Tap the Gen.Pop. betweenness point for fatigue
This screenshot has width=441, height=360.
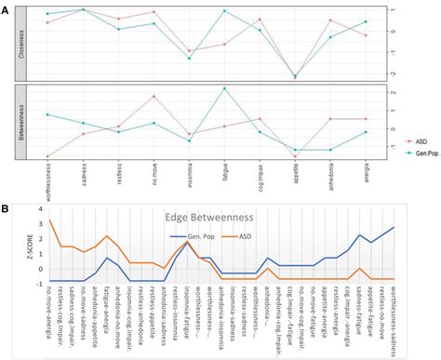click(224, 88)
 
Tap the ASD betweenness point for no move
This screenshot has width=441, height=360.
click(154, 97)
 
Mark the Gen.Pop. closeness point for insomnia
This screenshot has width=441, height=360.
click(189, 59)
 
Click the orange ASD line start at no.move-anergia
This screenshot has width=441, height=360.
click(49, 220)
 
